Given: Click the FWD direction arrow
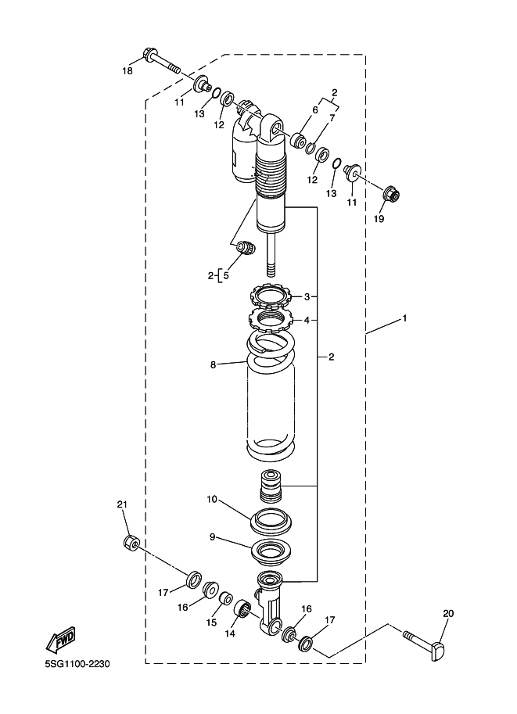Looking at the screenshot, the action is (60, 641).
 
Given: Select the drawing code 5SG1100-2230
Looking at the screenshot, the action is (77, 664).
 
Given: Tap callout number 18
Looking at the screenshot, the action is (127, 71).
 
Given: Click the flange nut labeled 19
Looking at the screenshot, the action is (392, 195).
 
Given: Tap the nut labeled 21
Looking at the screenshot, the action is (131, 542).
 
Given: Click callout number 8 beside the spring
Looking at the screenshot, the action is (213, 365).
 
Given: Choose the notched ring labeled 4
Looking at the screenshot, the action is (273, 321).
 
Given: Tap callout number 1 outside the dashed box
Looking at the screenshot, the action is (404, 319).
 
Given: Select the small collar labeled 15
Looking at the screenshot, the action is (226, 598).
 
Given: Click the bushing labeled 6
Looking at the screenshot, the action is (299, 140).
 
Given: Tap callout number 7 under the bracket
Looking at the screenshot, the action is (332, 118).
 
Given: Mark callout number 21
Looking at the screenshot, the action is (122, 504).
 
